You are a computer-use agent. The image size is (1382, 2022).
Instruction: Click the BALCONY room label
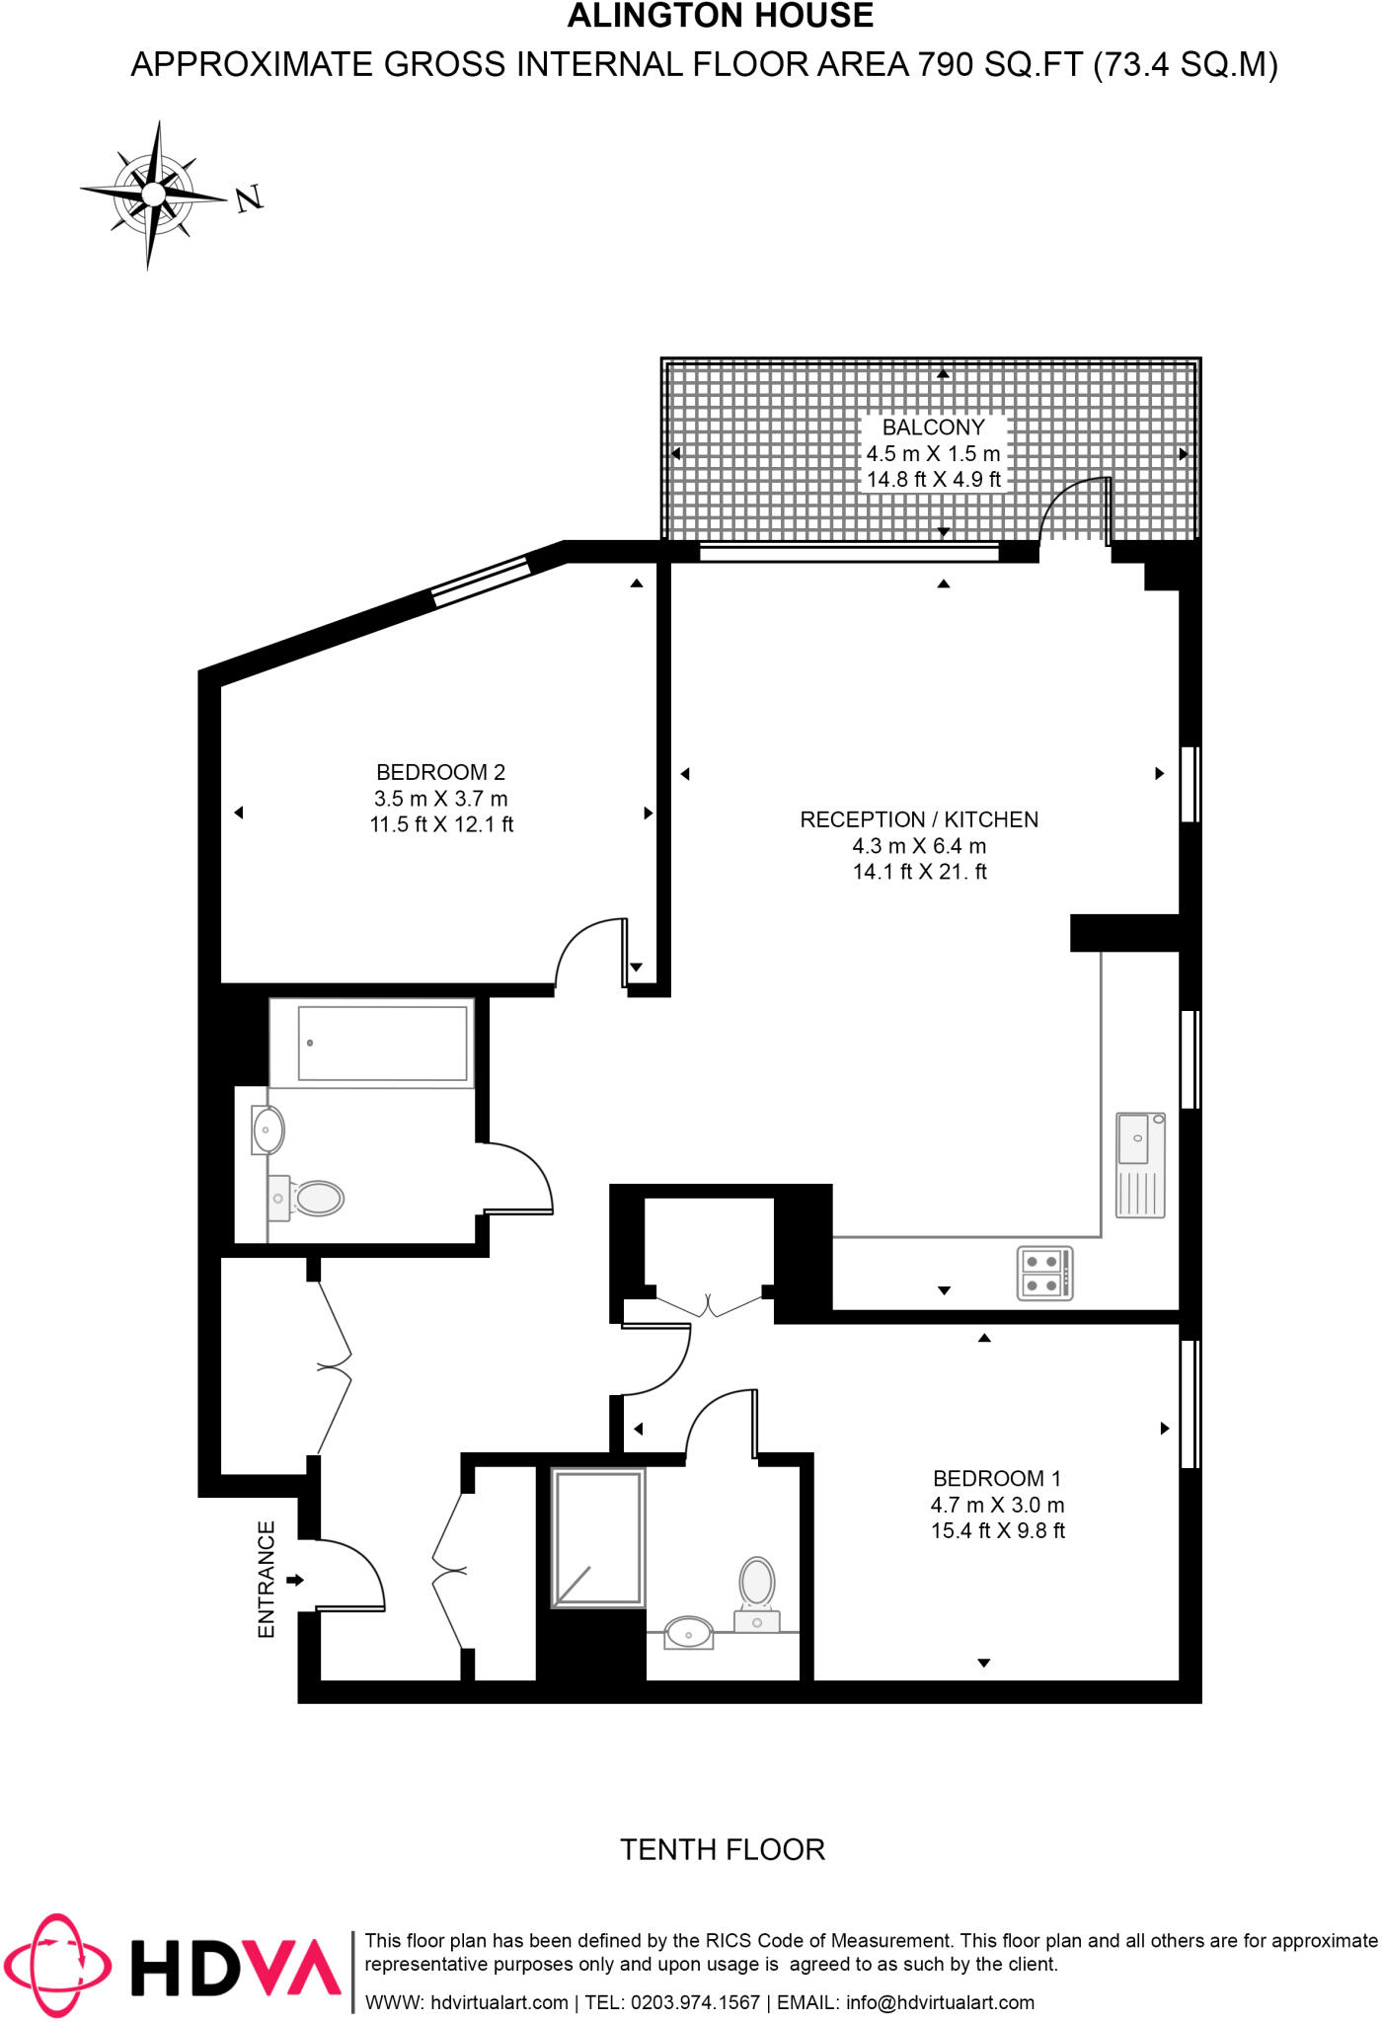tap(933, 428)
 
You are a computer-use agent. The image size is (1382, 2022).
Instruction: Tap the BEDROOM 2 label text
tap(440, 772)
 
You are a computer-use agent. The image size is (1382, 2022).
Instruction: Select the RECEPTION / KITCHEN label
tap(918, 819)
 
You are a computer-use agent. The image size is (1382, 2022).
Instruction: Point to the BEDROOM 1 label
tap(997, 1478)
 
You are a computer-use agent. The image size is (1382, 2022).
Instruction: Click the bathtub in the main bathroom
tap(382, 1044)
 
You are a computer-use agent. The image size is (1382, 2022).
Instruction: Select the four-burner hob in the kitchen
tap(1043, 1274)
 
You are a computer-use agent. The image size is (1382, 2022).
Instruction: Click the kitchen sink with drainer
tap(1140, 1165)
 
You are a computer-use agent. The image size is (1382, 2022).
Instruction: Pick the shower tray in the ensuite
tap(598, 1538)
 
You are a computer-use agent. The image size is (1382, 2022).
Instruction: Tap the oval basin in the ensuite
tap(689, 1632)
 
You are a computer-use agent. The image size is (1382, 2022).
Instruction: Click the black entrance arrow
tap(295, 1581)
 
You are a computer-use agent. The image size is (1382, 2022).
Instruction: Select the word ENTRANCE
tap(267, 1580)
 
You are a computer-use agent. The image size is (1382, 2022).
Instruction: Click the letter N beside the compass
tap(250, 198)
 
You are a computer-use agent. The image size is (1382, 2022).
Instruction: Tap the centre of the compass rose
tap(153, 194)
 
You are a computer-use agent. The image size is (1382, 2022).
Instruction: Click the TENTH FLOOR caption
tap(722, 1849)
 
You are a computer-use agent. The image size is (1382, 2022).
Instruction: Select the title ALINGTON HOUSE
tap(720, 17)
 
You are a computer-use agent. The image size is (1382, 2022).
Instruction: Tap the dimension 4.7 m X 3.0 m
tap(997, 1505)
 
